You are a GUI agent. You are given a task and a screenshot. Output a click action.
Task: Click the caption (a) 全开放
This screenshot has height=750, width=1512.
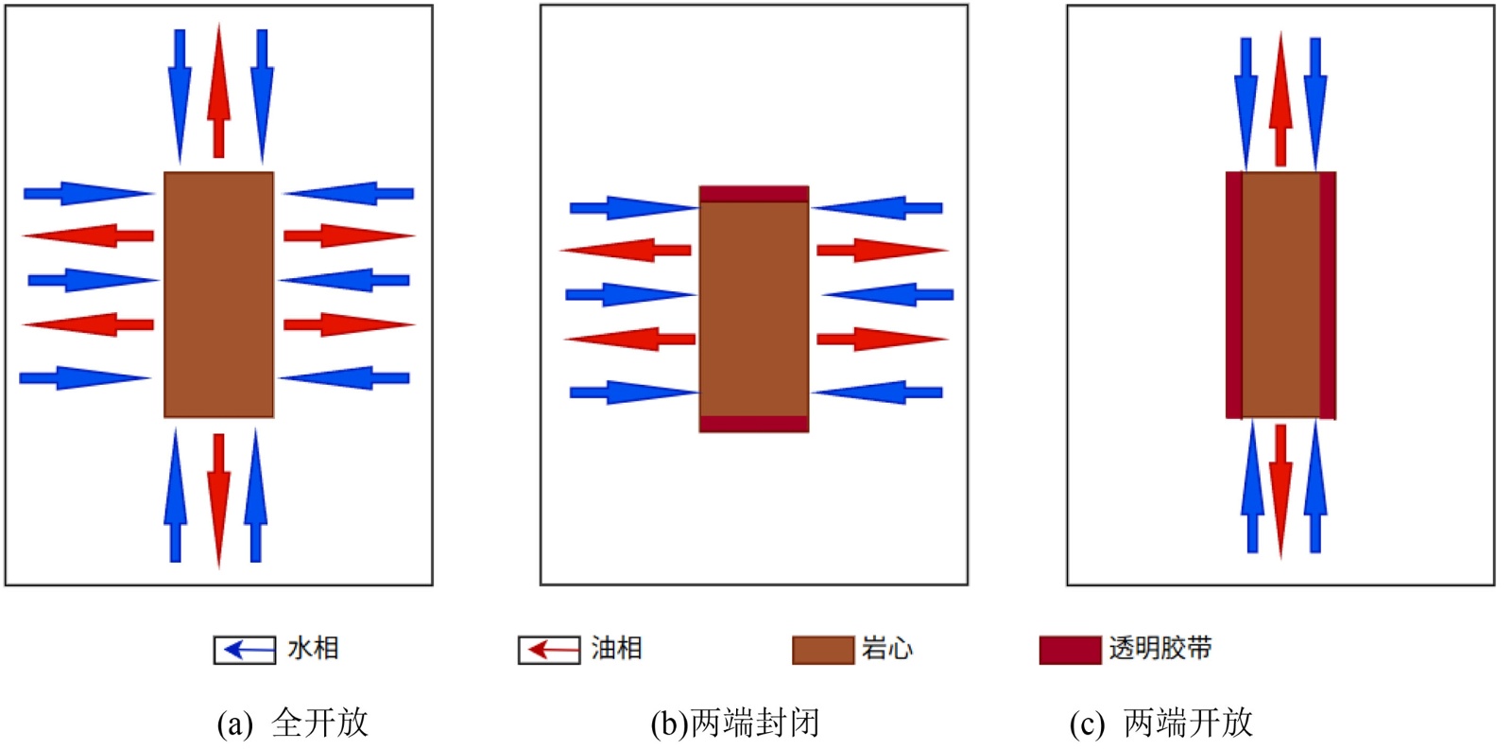(x=292, y=724)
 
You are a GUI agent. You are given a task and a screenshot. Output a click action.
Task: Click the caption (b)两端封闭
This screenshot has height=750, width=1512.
(x=734, y=724)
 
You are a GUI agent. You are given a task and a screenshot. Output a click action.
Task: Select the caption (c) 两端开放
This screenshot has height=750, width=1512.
(x=1160, y=724)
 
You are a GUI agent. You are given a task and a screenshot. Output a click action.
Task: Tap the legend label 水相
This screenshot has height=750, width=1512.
(x=313, y=649)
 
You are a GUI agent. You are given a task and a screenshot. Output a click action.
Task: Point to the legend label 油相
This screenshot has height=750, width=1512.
(x=616, y=649)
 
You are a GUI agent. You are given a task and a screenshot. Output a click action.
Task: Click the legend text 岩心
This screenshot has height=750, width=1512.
(x=886, y=649)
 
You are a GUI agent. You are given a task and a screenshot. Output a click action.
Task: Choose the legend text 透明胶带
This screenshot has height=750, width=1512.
(x=1160, y=649)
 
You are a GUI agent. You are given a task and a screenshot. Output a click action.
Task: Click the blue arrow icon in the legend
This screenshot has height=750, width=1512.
(x=245, y=650)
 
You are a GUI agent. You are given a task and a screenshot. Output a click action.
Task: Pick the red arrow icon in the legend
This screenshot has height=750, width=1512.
(x=549, y=650)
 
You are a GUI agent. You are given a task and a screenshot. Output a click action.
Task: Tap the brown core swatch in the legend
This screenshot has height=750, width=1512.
(x=822, y=650)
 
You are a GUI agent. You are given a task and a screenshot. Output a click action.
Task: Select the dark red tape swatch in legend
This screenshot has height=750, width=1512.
(x=1070, y=650)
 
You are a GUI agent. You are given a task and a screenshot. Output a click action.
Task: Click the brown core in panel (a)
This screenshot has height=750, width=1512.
(x=219, y=294)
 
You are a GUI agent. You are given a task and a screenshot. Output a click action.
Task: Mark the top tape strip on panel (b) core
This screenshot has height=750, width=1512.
(x=754, y=194)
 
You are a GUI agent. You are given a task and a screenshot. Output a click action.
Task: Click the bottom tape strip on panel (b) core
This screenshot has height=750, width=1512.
(x=754, y=424)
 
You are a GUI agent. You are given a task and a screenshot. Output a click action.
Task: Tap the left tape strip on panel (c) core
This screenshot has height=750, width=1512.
(x=1234, y=294)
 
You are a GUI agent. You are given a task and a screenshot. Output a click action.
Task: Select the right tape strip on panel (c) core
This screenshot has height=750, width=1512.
(x=1327, y=294)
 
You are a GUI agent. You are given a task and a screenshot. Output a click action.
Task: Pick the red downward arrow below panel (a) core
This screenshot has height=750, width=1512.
(x=219, y=497)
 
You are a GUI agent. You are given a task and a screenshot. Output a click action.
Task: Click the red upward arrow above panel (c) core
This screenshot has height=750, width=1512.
(x=1280, y=99)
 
